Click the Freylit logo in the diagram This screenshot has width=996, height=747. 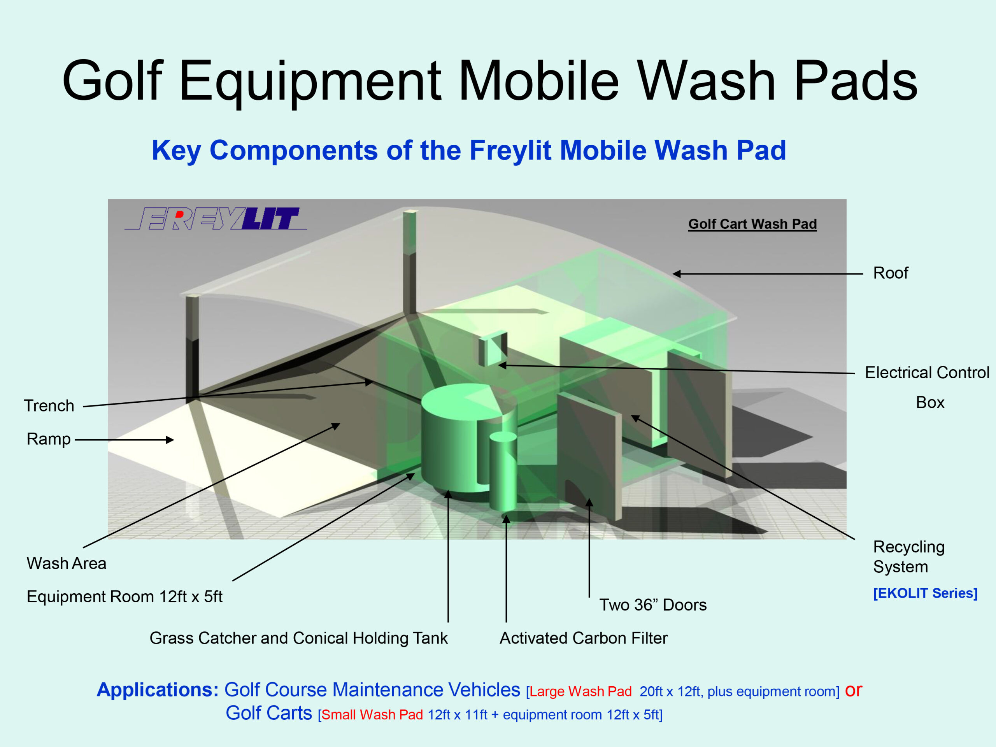pyautogui.click(x=216, y=218)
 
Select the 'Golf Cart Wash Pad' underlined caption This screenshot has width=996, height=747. pyautogui.click(x=752, y=224)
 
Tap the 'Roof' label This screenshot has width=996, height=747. pyautogui.click(x=891, y=273)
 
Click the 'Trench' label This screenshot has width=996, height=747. pyautogui.click(x=49, y=406)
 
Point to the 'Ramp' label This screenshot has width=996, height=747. pyautogui.click(x=49, y=439)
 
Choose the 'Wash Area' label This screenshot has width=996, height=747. pyautogui.click(x=67, y=563)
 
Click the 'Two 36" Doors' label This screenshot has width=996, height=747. pyautogui.click(x=653, y=605)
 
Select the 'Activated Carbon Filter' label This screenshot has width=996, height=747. pyautogui.click(x=584, y=638)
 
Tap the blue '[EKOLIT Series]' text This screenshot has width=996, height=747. pyautogui.click(x=925, y=593)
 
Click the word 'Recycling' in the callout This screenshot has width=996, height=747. pyautogui.click(x=908, y=547)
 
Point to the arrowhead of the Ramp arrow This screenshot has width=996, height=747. pyautogui.click(x=170, y=440)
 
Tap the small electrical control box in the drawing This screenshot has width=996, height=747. pyautogui.click(x=493, y=349)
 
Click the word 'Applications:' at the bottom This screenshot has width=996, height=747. pyautogui.click(x=158, y=690)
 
